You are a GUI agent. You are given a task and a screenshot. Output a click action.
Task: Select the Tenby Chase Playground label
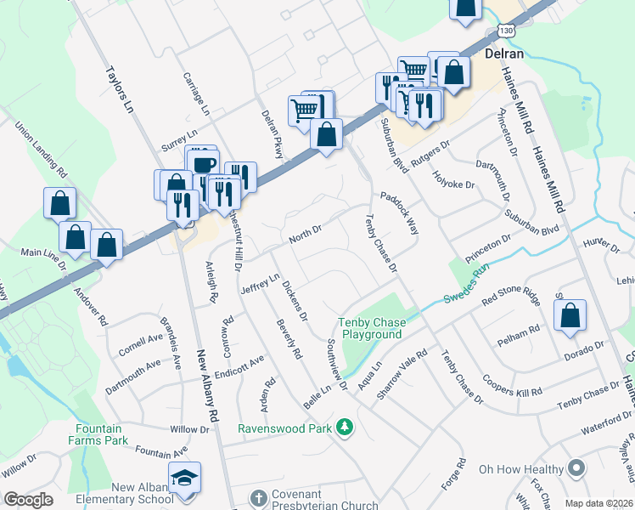372,328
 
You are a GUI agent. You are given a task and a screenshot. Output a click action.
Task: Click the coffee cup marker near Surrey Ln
204,165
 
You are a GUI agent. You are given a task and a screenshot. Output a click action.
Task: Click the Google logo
27,500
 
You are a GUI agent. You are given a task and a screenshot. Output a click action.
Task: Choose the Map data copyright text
598,502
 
